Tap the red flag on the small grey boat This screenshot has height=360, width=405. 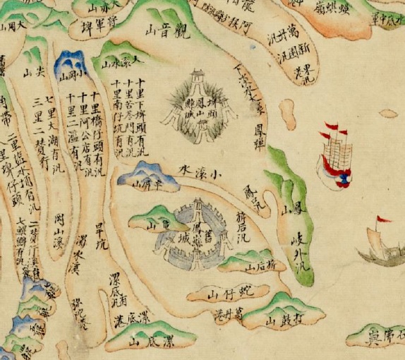click(384, 220)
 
